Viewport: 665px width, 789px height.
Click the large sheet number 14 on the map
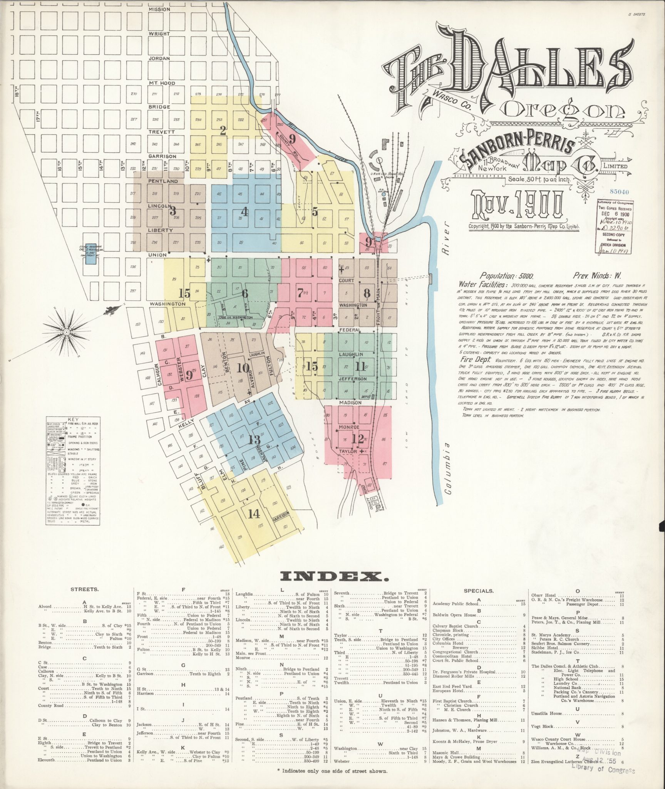[254, 514]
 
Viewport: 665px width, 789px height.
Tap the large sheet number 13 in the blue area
[254, 440]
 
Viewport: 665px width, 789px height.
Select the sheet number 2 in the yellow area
[223, 131]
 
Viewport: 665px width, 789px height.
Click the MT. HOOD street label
[162, 83]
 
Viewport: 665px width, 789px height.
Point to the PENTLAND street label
[163, 181]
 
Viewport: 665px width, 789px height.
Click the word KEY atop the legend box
[72, 419]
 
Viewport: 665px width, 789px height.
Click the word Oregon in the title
[564, 111]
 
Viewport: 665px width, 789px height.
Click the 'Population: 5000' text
[506, 276]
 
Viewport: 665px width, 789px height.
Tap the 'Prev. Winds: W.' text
[597, 276]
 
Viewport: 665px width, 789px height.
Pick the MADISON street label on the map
[350, 403]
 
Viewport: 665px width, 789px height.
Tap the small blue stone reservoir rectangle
[90, 253]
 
